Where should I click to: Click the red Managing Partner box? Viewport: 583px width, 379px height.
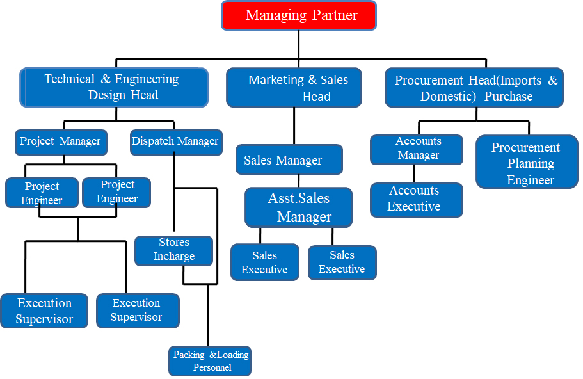pos(299,15)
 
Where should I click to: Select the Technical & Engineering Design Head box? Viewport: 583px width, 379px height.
pos(114,87)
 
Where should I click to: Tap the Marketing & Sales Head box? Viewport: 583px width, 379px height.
pos(294,88)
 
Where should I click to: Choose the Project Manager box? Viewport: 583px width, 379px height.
pos(61,141)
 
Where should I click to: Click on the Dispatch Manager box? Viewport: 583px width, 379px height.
pos(175,141)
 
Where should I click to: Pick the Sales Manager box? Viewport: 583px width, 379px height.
pos(289,159)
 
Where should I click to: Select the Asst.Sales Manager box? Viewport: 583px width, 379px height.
pos(298,207)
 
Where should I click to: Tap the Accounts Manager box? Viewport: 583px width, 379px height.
pos(417,149)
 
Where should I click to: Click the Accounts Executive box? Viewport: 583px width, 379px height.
pos(416,199)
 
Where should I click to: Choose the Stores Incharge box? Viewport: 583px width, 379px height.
pos(173,250)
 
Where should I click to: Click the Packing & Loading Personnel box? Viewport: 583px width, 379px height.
pos(211,361)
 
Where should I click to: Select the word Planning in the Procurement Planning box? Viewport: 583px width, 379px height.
pos(531,164)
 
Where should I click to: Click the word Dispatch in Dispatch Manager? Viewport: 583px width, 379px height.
pos(154,141)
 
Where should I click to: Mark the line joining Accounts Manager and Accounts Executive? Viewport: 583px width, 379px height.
pos(415,173)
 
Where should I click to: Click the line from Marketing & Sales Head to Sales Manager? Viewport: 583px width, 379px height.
pos(294,125)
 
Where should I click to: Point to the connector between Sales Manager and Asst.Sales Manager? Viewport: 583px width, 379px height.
pos(298,181)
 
